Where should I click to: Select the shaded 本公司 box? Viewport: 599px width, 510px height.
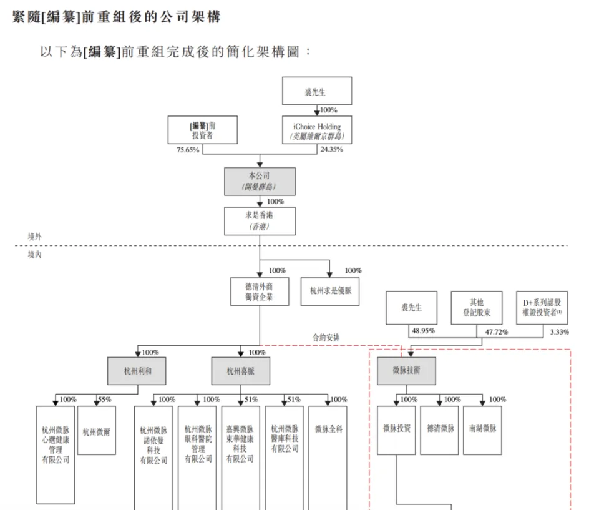tap(260, 181)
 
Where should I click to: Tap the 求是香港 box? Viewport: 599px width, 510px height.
tap(260, 221)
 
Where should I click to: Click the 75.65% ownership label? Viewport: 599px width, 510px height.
tap(188, 150)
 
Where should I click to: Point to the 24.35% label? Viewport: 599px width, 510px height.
tap(331, 150)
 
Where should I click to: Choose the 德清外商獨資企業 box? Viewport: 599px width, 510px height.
tap(260, 292)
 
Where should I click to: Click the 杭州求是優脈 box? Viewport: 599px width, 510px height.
tap(330, 292)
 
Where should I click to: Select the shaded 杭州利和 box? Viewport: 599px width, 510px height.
tap(137, 371)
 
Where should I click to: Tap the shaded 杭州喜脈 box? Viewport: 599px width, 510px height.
tap(240, 371)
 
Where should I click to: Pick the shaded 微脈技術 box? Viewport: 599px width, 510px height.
tap(406, 371)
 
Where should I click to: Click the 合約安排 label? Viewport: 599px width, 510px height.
tap(326, 338)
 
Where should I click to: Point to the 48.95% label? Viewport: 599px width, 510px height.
tap(423, 331)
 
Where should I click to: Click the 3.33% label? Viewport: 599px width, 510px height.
tap(560, 332)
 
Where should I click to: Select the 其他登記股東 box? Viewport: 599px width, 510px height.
tap(477, 307)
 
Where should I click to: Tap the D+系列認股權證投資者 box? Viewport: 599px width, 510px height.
tap(542, 307)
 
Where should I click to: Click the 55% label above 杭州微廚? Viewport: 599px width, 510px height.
tap(104, 400)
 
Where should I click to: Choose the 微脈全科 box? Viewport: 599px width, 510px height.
tap(328, 429)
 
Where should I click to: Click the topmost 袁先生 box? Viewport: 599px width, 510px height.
tap(316, 91)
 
